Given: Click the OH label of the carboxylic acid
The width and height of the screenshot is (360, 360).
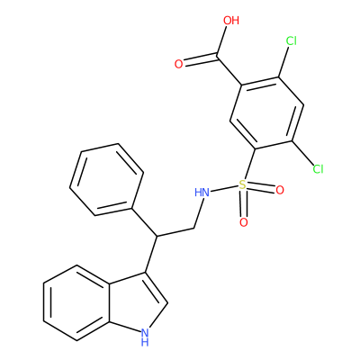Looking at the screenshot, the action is click(231, 21).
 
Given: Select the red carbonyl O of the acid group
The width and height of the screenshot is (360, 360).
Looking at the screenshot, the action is click(178, 64).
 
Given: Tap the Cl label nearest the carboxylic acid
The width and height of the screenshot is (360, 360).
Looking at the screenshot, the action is click(291, 40).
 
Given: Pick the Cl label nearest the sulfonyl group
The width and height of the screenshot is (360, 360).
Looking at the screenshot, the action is click(318, 169).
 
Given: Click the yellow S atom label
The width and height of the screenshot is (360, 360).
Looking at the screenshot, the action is click(242, 184).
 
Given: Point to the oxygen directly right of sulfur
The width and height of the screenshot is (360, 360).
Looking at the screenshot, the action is click(280, 190).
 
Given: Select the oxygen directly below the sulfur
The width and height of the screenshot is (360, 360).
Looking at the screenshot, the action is click(244, 222).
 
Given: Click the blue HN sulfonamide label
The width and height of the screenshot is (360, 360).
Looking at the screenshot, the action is click(202, 193).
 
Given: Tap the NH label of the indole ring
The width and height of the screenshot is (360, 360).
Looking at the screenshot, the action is click(145, 337).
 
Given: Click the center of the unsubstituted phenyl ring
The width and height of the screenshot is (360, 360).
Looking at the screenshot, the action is click(106, 179).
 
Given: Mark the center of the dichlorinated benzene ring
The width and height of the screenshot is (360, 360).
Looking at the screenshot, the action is click(267, 113).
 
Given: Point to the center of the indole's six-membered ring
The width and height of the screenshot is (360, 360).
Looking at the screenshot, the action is click(76, 302).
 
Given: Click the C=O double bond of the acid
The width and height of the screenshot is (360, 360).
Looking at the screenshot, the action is click(201, 59).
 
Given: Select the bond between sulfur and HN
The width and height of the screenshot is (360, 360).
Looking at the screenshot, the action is click(223, 189).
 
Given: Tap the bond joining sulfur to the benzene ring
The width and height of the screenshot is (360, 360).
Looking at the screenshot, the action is click(249, 164).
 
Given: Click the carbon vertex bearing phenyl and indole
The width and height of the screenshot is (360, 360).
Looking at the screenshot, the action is click(156, 236).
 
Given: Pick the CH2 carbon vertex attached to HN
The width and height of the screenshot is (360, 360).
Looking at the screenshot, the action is click(193, 229).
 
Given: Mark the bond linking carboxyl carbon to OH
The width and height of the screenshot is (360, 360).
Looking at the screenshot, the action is click(222, 41).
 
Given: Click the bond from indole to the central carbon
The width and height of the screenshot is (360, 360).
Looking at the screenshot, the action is click(151, 255).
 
